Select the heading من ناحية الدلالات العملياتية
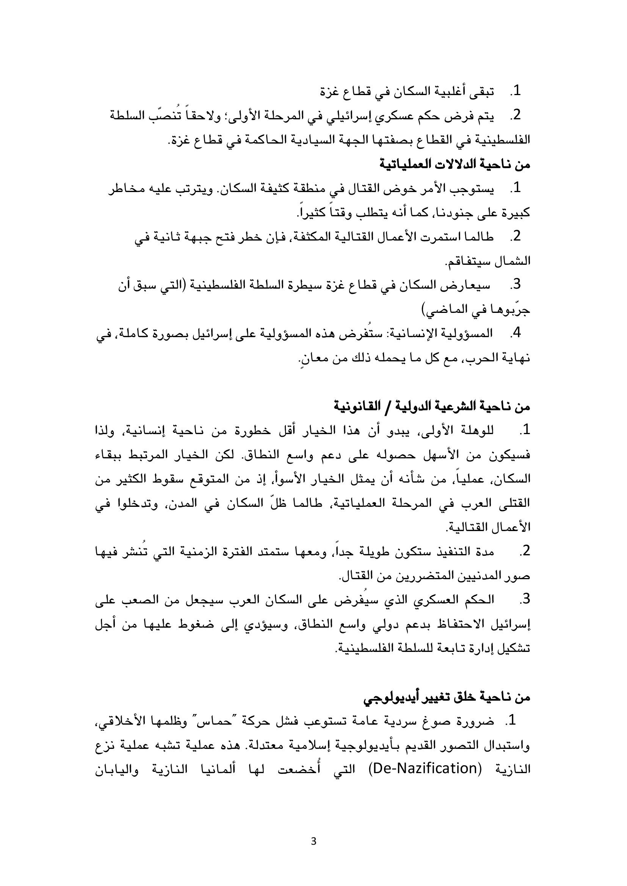455,164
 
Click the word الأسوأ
289,479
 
